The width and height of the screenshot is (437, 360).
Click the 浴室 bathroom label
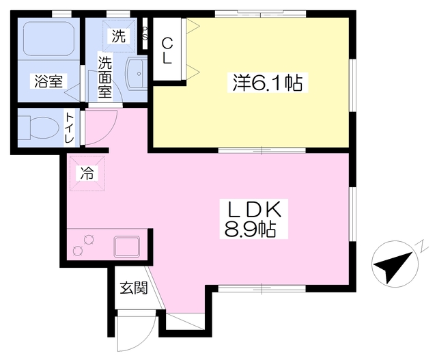click(x=48, y=81)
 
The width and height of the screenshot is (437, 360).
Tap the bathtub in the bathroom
click(x=48, y=39)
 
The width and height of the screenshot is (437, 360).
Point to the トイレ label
click(x=70, y=128)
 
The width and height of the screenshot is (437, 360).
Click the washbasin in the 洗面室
click(x=137, y=73)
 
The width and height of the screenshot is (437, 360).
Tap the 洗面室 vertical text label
click(x=104, y=77)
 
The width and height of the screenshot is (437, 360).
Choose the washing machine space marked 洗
click(x=118, y=36)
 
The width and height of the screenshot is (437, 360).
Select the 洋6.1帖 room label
click(x=268, y=83)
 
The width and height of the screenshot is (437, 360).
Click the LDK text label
click(x=255, y=210)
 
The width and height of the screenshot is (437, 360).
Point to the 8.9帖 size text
click(x=250, y=230)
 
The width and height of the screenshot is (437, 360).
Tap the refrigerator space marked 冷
click(x=87, y=173)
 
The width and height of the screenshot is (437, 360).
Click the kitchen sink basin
click(x=126, y=247)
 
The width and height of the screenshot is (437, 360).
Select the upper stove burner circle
click(x=89, y=240)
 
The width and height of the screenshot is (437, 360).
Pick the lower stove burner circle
click(x=77, y=251)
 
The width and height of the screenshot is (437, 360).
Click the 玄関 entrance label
click(x=134, y=288)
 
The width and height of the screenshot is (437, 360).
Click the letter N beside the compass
click(x=423, y=245)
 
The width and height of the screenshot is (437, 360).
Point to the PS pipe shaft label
click(x=145, y=33)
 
